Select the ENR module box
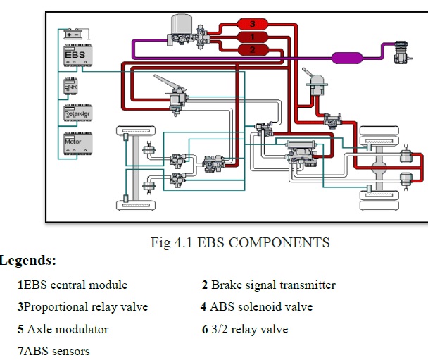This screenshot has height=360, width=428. pos(71,86)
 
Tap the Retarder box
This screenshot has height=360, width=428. pos(77,113)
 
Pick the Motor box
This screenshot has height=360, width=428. pos(77,142)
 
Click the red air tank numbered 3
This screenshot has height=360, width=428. pos(253,25)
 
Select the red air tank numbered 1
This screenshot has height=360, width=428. pos(253,37)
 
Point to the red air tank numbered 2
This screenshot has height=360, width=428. pos(253,49)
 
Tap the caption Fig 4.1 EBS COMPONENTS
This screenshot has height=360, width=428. pos(240,243)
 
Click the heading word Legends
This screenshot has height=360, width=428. pos(27,261)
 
